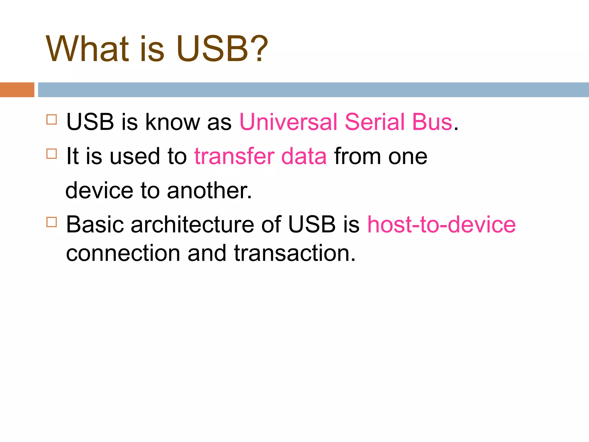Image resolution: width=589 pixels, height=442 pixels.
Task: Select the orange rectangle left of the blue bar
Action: tap(17, 90)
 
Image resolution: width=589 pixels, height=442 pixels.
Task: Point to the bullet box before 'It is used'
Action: tap(51, 154)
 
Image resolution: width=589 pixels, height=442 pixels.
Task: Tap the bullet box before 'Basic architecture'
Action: tap(51, 222)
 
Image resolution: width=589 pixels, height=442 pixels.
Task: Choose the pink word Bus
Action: tap(432, 122)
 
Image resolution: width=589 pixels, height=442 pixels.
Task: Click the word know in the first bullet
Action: tap(173, 122)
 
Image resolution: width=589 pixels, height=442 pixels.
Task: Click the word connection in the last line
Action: tap(123, 253)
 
